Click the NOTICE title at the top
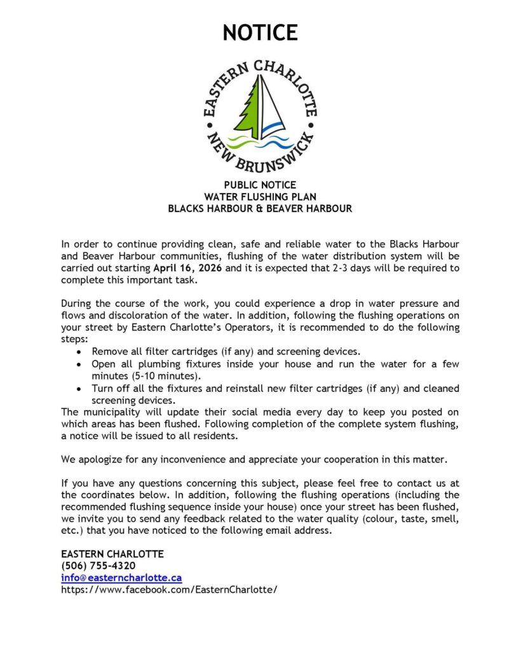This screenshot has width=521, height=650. pos(260,32)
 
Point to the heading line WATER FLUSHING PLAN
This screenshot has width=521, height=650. pos(260,197)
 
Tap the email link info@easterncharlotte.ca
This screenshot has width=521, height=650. pos(121,578)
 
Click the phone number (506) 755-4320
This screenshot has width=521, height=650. pos(98,566)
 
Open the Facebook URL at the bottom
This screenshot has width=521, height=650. pos(169,589)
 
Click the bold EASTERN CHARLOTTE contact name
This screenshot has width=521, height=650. pos(112,554)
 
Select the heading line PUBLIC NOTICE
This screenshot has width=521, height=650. pos(260,185)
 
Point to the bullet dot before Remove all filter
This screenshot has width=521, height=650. pos(78,352)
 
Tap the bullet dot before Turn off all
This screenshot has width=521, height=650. pos(78,388)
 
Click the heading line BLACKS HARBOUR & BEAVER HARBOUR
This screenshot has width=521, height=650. pos(260,208)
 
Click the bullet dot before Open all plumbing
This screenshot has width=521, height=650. pos(78,364)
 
